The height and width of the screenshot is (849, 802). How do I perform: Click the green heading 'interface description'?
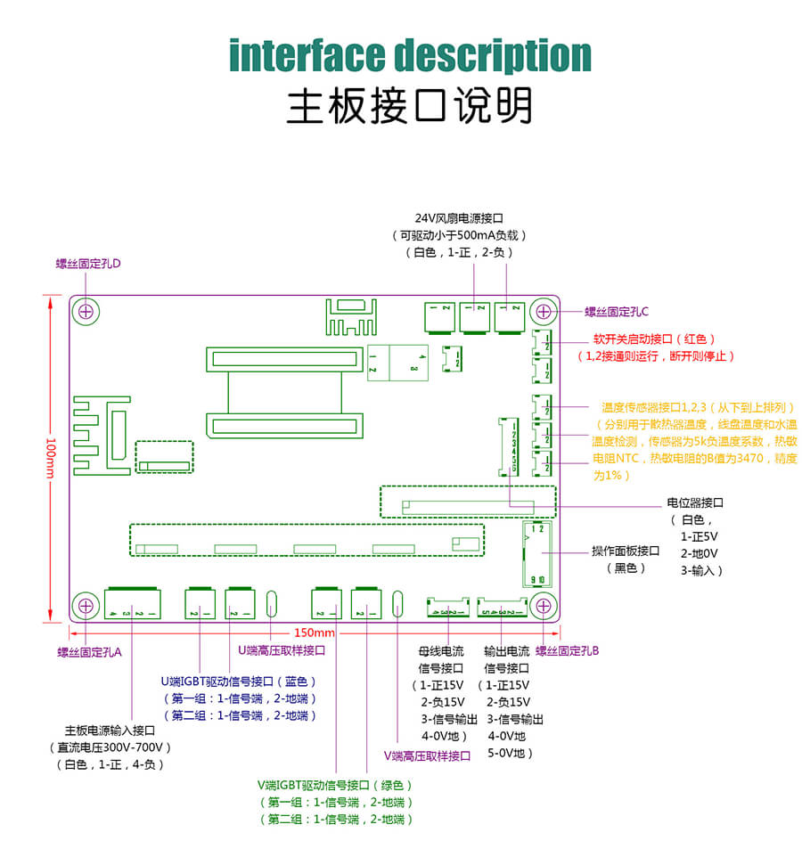[x=410, y=55]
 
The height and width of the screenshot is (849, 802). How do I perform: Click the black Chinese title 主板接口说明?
[x=409, y=105]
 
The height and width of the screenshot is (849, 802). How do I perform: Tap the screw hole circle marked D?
[x=86, y=311]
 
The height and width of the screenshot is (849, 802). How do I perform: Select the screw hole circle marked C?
[x=543, y=312]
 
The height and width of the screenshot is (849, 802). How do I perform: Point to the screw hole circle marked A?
[x=86, y=606]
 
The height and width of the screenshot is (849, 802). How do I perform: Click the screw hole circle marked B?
[x=543, y=606]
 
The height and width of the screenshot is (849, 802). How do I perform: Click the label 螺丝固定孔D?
[x=88, y=264]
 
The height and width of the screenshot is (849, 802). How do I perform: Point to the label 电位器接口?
[x=695, y=502]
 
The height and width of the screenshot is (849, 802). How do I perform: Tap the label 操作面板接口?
[x=626, y=551]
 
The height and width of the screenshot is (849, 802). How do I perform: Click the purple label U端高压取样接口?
[x=282, y=650]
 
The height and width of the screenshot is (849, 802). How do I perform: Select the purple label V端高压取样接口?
[x=427, y=755]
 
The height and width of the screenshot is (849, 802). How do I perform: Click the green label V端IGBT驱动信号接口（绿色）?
[x=336, y=785]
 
